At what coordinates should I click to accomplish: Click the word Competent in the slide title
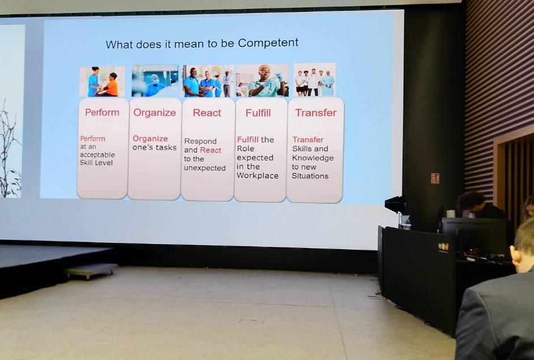tap(268, 42)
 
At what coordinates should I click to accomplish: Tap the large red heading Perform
tap(102, 112)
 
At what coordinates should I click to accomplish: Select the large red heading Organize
tap(155, 113)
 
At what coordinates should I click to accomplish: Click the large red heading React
tap(207, 113)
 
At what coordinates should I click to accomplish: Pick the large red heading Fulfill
tap(258, 113)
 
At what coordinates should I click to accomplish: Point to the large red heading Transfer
tap(316, 113)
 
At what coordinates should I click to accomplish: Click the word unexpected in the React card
tap(204, 168)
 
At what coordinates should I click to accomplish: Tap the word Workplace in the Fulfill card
tap(258, 176)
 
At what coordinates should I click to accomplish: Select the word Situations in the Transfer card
tap(310, 176)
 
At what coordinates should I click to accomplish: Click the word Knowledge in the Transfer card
tap(313, 158)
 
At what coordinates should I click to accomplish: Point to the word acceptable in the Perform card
tap(97, 155)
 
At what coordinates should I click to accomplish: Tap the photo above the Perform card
tap(102, 82)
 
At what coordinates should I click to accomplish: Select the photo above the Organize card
tap(155, 80)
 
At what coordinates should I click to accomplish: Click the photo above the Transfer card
tap(315, 80)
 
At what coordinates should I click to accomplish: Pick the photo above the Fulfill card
tap(262, 80)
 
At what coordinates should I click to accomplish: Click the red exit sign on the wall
tap(435, 178)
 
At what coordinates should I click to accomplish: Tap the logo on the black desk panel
tap(443, 247)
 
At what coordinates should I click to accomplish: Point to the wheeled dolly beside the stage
tap(91, 271)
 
